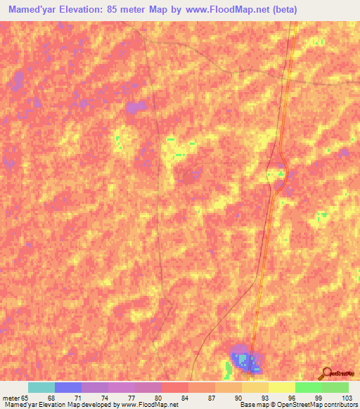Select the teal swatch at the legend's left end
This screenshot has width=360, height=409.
pyautogui.click(x=41, y=387)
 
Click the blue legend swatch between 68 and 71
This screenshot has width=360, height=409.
pyautogui.click(x=68, y=387)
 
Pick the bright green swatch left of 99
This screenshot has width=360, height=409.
pyautogui.click(x=308, y=387)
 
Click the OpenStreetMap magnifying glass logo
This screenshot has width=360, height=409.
pyautogui.click(x=325, y=373)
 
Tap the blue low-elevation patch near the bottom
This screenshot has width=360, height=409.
pyautogui.click(x=246, y=361)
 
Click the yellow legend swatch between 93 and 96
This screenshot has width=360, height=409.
pyautogui.click(x=281, y=387)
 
